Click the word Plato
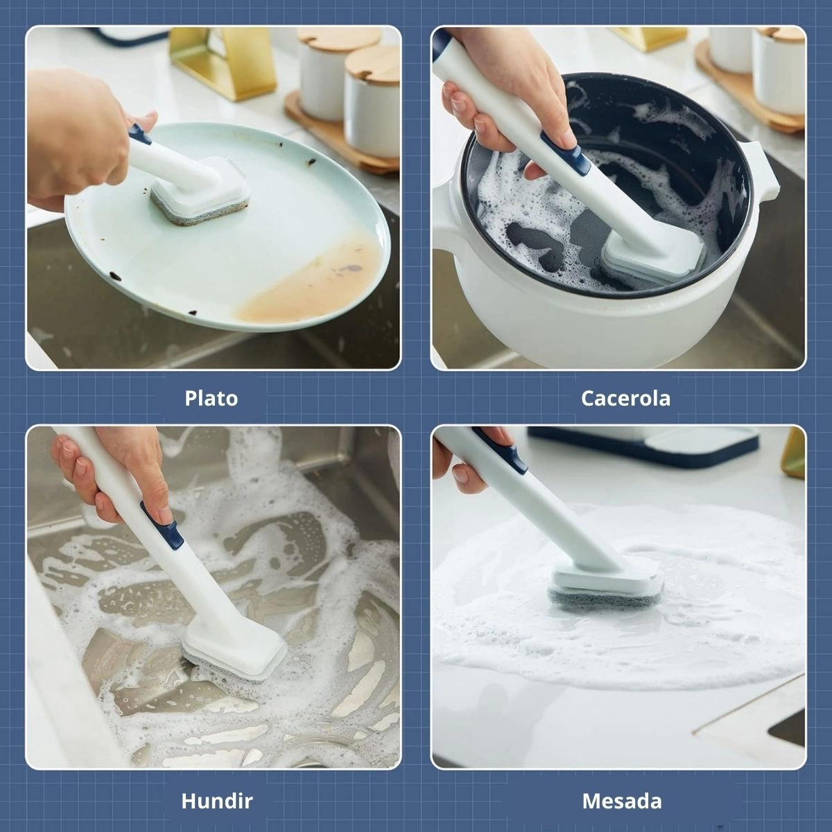[211, 398]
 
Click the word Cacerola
[625, 398]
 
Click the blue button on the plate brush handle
[139, 134]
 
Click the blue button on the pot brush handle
[566, 153]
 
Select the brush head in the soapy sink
[234, 648]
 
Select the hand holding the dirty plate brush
[80, 138]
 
